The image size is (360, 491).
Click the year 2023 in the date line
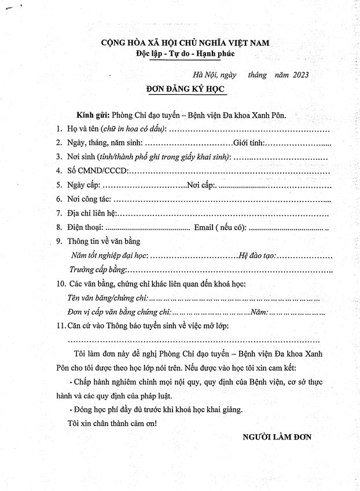(300, 75)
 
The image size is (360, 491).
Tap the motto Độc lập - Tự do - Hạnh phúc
(185, 53)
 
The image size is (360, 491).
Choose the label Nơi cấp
(201, 185)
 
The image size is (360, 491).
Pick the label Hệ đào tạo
(257, 255)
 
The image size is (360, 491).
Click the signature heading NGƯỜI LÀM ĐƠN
(277, 437)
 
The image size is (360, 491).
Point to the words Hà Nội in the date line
(204, 75)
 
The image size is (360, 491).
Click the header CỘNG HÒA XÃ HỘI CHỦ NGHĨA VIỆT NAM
(185, 42)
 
